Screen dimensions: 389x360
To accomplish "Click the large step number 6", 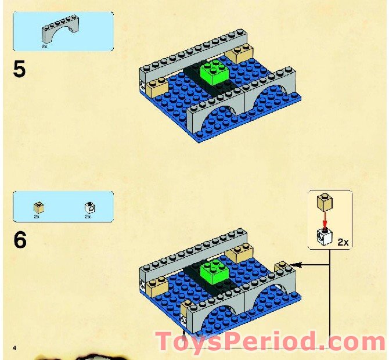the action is [x=20, y=240].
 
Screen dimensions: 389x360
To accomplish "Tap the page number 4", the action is [x=15, y=348].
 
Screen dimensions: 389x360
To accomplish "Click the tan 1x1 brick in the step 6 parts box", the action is [x=39, y=208].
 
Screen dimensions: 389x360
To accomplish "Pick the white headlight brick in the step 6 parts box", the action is [x=91, y=208].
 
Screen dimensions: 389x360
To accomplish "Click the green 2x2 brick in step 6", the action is [x=215, y=271].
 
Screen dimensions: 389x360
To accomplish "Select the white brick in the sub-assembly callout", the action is [x=325, y=236].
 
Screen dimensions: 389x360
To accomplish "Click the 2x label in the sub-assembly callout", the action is [x=343, y=242].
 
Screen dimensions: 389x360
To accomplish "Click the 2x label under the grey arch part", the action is [x=44, y=46].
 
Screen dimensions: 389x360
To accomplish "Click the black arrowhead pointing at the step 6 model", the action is [x=297, y=265].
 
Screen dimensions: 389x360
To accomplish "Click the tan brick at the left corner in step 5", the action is [x=157, y=87].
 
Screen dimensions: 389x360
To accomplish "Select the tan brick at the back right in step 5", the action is [x=239, y=53].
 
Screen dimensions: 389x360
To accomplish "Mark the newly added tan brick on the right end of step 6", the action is [x=281, y=267].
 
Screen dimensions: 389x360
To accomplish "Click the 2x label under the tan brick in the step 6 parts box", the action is [x=37, y=217].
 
